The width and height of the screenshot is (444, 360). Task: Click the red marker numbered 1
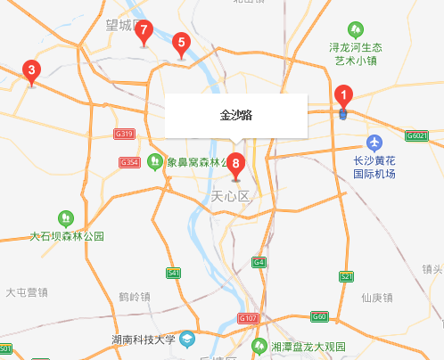343,95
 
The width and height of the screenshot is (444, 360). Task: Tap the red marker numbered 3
31,70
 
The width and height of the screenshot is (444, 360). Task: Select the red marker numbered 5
181,42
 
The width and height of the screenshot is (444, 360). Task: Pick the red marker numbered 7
144,31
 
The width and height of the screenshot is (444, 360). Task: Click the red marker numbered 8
235,163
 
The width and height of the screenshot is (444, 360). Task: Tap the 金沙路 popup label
235,116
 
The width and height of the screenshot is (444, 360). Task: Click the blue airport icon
375,143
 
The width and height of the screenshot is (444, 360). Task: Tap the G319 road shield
124,134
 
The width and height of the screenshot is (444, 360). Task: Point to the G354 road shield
129,162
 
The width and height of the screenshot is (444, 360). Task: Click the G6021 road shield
416,135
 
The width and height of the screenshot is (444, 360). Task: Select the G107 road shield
249,318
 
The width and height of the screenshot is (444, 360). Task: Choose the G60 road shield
319,316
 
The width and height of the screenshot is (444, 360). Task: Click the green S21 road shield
346,278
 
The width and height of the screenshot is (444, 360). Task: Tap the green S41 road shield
174,273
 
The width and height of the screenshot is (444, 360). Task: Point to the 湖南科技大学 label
143,340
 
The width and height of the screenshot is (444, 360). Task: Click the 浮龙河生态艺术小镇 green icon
357,29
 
